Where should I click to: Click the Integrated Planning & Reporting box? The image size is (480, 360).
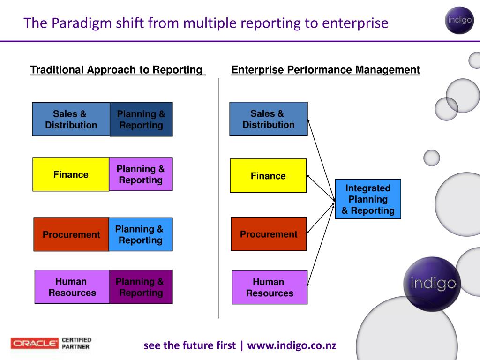click(x=368, y=199)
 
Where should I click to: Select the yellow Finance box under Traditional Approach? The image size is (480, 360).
click(x=71, y=174)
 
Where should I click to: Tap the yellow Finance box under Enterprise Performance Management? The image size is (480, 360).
click(x=268, y=176)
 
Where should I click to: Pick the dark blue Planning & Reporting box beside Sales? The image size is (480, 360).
click(x=141, y=120)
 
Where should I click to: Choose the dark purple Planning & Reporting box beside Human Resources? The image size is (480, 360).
click(x=141, y=287)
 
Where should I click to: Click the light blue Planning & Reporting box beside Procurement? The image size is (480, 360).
click(x=141, y=234)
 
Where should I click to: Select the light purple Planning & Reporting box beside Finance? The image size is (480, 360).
click(x=141, y=174)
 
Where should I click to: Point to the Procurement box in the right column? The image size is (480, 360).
click(x=269, y=234)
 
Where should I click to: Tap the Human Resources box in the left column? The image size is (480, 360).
click(x=72, y=287)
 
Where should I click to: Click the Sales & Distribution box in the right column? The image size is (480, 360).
click(x=268, y=119)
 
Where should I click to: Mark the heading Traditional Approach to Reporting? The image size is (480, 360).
click(x=117, y=70)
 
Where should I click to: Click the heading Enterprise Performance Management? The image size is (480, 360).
click(x=326, y=70)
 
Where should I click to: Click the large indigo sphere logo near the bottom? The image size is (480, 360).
click(x=432, y=284)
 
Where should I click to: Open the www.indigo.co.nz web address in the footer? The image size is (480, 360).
click(x=292, y=345)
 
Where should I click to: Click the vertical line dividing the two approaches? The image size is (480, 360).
click(x=219, y=197)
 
